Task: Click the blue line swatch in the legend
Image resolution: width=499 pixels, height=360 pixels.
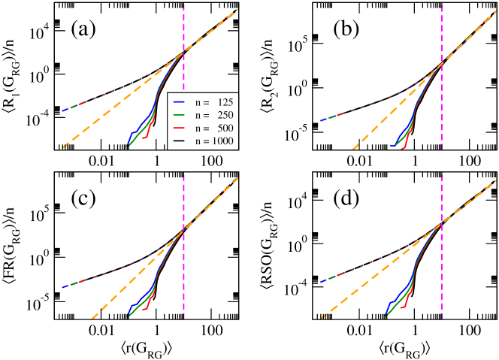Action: [179, 101]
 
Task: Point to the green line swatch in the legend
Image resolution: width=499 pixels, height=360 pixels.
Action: [179, 115]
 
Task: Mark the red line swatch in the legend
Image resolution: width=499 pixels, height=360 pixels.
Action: [179, 128]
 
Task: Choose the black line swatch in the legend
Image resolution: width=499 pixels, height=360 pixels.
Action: [179, 141]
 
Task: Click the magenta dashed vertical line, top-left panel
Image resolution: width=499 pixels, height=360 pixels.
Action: [184, 30]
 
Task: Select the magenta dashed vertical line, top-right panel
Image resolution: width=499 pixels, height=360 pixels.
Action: [442, 30]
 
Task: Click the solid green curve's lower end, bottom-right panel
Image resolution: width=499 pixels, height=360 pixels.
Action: [386, 315]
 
